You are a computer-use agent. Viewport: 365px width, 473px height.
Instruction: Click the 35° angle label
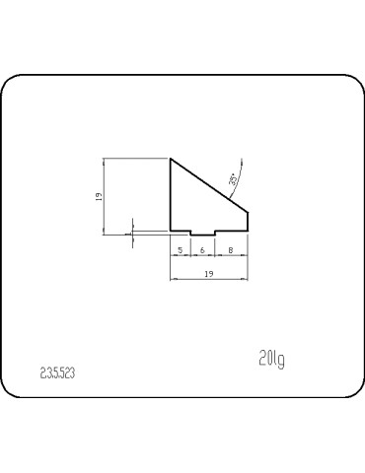(x=233, y=179)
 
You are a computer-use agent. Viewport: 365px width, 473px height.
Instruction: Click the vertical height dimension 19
(x=98, y=196)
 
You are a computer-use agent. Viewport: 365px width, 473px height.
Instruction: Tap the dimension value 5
(x=181, y=250)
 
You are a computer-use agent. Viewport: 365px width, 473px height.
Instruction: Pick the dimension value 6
(x=202, y=250)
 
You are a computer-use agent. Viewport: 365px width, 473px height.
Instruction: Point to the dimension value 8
(x=230, y=250)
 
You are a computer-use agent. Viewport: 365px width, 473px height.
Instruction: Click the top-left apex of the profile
(x=172, y=159)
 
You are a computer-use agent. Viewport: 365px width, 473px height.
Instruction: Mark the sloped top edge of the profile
(x=209, y=185)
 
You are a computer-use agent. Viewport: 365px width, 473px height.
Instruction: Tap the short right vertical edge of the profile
(x=247, y=222)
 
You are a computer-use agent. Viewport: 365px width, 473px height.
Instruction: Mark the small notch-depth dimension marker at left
(x=129, y=234)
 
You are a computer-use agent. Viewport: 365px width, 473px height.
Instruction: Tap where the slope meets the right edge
(x=247, y=211)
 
